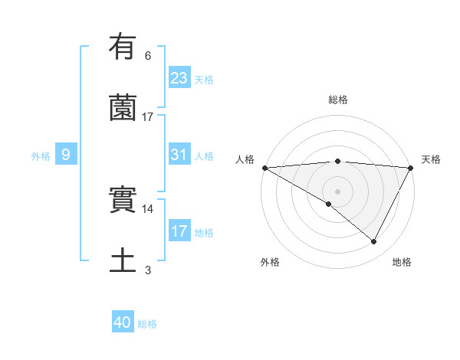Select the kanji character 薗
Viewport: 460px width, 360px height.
[123, 108]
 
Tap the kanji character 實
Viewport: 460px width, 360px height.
[123, 201]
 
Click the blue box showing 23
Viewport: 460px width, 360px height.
[179, 78]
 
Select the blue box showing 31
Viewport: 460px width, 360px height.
[179, 155]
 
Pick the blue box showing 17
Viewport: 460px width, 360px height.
[179, 231]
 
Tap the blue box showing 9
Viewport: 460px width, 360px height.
[66, 155]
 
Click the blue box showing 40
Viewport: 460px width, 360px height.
[123, 323]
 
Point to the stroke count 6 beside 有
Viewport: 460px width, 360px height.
[148, 55]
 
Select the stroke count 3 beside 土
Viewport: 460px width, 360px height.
[148, 270]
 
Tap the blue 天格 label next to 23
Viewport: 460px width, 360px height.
[204, 79]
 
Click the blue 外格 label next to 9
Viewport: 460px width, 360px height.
[41, 155]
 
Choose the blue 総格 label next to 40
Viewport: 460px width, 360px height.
[147, 324]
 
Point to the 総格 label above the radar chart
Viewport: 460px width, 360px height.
[338, 100]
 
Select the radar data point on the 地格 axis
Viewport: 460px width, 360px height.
[374, 241]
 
